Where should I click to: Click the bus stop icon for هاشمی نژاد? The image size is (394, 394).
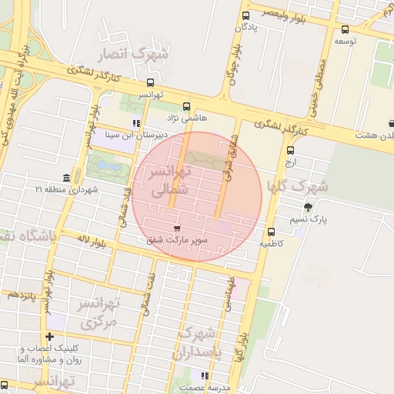(x=185, y=107)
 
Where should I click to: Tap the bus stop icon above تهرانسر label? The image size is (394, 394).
(x=150, y=83)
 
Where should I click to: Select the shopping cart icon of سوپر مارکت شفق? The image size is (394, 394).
(x=178, y=229)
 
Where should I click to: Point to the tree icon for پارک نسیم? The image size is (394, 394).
(x=309, y=206)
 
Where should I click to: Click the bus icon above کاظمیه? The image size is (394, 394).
(x=271, y=232)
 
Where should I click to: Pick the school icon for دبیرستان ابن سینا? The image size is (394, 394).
(x=136, y=123)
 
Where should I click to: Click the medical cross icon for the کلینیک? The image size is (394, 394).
(x=50, y=336)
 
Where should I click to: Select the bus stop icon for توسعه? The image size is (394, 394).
(x=344, y=30)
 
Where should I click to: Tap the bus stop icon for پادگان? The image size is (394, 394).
(x=246, y=15)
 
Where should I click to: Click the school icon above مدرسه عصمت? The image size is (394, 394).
(x=204, y=376)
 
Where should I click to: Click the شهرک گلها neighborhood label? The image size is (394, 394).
(x=296, y=186)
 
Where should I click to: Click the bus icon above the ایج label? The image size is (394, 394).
(x=290, y=151)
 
